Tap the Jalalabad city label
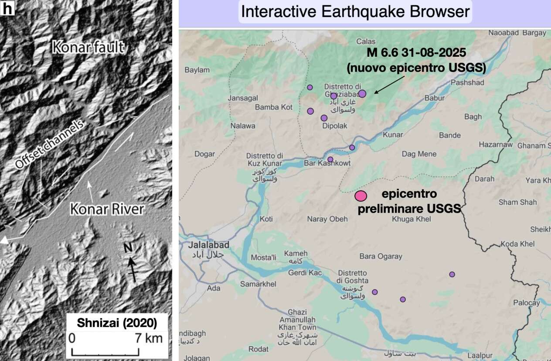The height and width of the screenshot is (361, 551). pos(209,245)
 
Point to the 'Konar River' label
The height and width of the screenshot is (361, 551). pos(107,209)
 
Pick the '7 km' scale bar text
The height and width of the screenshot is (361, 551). pos(148,338)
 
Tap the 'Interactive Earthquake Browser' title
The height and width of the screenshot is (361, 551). pos(355,12)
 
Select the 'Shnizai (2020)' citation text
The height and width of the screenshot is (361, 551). pos(117,323)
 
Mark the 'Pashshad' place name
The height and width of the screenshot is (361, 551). pos(467,83)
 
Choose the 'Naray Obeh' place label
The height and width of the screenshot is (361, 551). pos(327,219)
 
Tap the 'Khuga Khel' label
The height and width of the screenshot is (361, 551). pos(412,219)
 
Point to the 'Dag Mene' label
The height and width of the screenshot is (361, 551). pos(419,154)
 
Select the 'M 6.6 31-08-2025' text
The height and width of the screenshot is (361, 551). pos(416,53)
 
